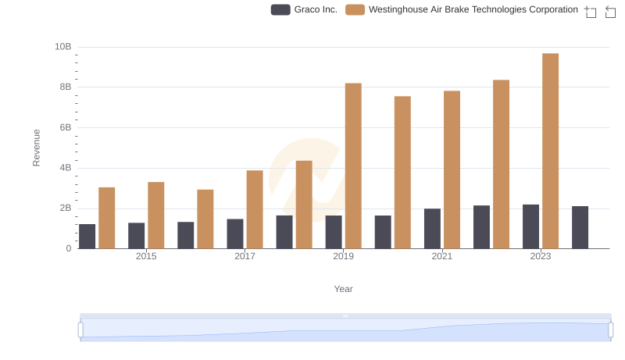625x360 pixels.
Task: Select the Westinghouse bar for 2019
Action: point(353,166)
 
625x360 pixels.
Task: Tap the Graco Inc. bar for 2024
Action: point(580,227)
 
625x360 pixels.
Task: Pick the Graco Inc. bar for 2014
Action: point(87,236)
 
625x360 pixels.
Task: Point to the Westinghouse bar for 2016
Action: point(205,219)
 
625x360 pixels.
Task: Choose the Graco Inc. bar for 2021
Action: point(432,228)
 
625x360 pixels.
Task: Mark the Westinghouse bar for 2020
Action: point(402,172)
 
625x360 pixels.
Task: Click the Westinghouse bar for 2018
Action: point(304,205)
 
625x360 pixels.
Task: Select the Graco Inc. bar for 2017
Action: point(235,233)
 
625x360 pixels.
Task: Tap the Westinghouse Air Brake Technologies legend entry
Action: point(462,10)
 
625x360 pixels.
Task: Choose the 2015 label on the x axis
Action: point(146,256)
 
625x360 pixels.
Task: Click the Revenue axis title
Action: point(36,148)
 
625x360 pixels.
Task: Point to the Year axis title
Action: point(344,289)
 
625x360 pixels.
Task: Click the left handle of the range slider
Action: point(80,330)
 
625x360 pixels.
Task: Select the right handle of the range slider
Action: point(611,330)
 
